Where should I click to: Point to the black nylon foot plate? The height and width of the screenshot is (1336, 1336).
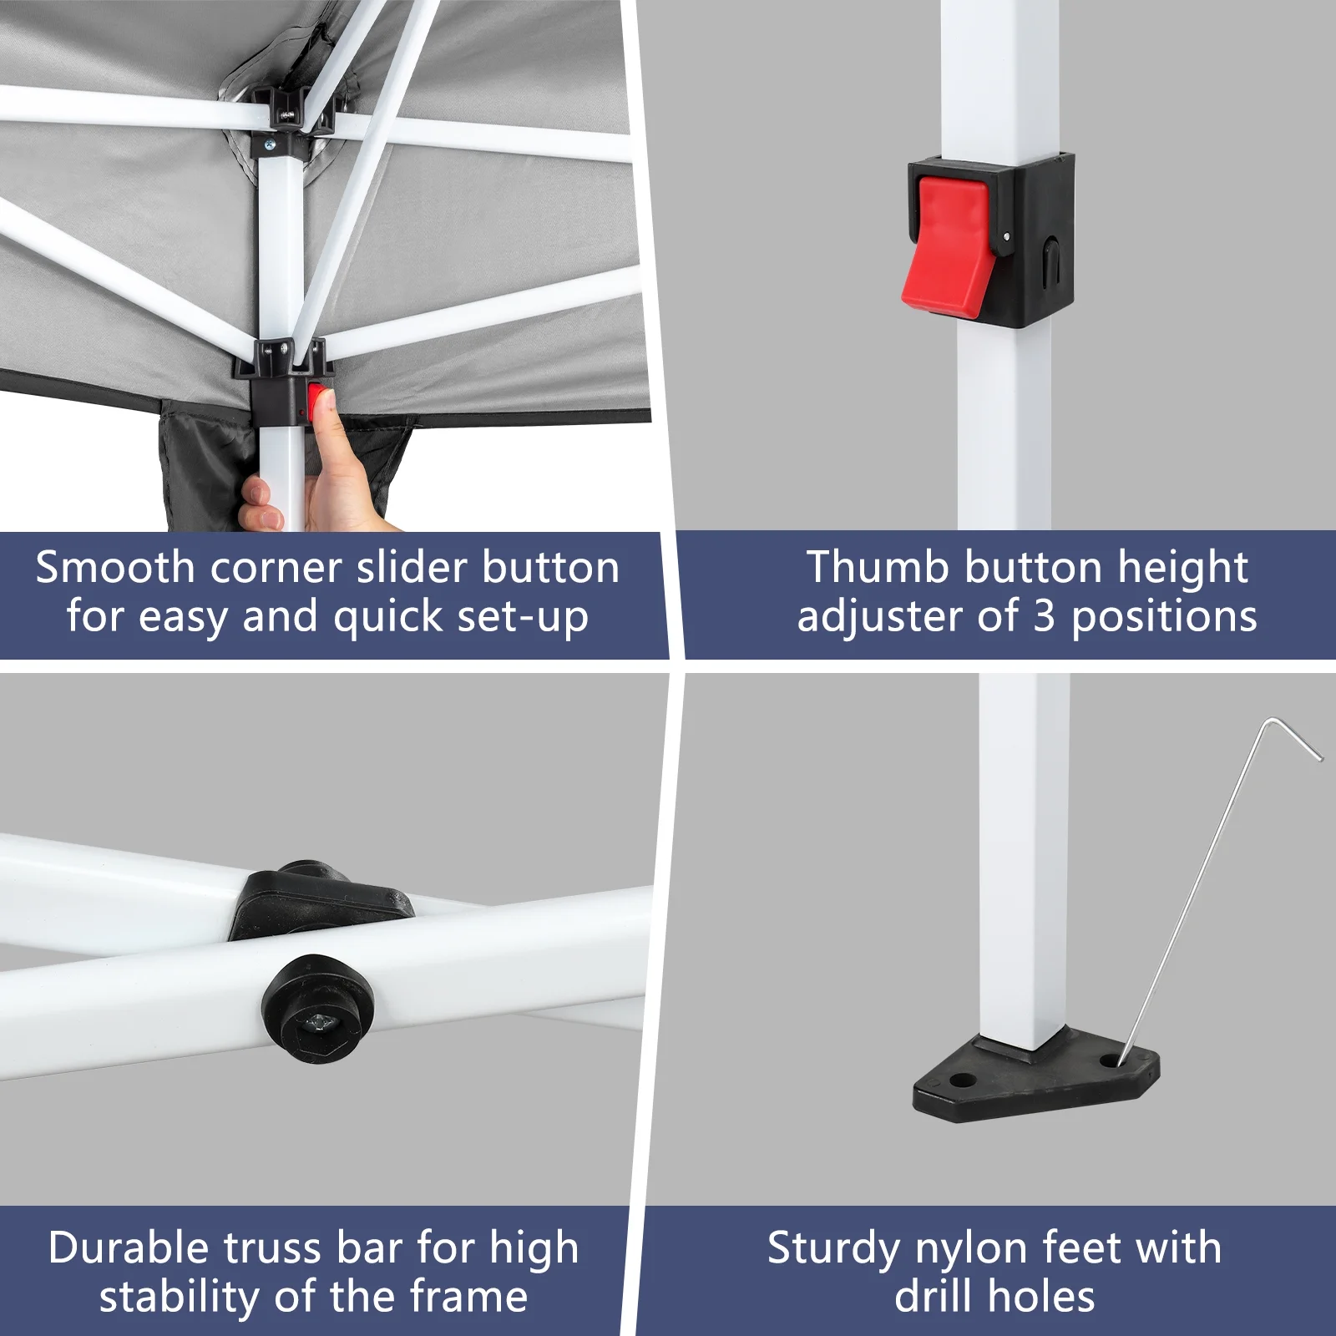point(1036,1076)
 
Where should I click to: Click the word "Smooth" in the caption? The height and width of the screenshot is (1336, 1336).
point(115,568)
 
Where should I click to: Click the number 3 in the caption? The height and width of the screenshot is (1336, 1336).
point(1045,617)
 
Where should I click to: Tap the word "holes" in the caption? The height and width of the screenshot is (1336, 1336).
point(1041,1297)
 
